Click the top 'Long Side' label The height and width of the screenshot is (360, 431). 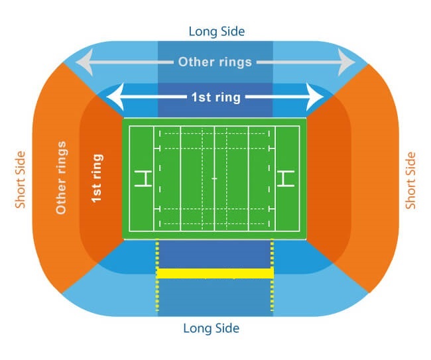(x=215, y=31)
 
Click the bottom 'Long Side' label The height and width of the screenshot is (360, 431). (x=211, y=328)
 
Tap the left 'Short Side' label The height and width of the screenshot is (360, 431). (x=21, y=179)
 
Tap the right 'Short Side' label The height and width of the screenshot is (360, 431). (x=411, y=180)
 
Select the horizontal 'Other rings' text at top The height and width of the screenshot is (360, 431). (x=215, y=62)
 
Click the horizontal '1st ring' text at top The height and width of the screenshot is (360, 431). (x=215, y=97)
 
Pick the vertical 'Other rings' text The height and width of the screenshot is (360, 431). (x=62, y=177)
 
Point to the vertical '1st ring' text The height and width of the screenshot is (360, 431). (x=97, y=178)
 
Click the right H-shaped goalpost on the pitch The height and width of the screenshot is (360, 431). (x=286, y=178)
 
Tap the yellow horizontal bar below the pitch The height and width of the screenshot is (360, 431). (x=215, y=273)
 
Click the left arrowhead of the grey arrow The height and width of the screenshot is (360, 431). (x=83, y=64)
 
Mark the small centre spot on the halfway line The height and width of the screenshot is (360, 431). (x=214, y=178)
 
